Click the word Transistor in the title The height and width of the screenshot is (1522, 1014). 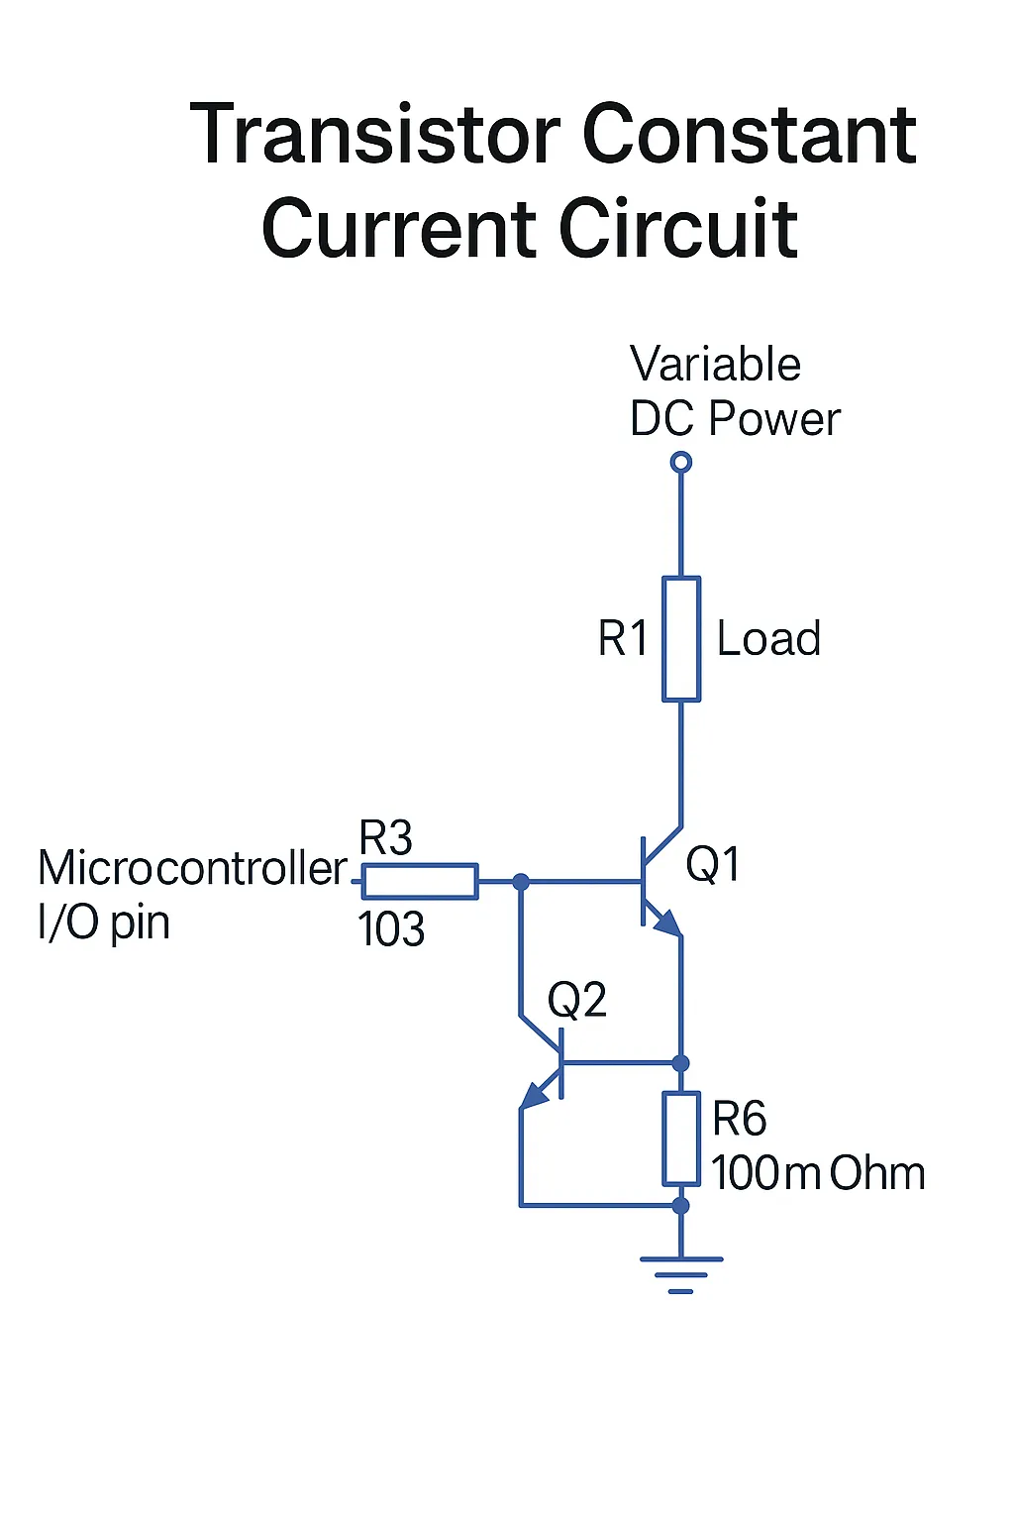(x=375, y=135)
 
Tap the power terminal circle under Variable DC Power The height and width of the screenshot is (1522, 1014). (x=680, y=462)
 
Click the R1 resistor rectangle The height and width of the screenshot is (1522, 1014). (x=681, y=639)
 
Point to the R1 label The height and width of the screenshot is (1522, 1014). (x=622, y=639)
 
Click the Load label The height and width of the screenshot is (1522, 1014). (x=768, y=639)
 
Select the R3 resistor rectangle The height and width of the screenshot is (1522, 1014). (x=420, y=881)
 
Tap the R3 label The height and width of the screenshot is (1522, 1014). (x=385, y=839)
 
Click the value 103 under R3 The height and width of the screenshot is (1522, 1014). (x=391, y=929)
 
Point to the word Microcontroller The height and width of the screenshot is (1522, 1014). (x=192, y=869)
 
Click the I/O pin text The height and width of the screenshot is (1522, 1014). (x=104, y=923)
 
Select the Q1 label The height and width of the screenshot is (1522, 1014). (x=712, y=864)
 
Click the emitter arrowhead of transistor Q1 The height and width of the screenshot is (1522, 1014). (x=668, y=924)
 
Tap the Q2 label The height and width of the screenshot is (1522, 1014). (x=576, y=1000)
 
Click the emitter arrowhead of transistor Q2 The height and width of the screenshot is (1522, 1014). (x=534, y=1095)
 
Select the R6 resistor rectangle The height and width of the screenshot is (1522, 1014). (x=681, y=1139)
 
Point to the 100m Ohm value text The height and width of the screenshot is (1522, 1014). (x=818, y=1173)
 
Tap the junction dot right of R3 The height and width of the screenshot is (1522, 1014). (x=521, y=881)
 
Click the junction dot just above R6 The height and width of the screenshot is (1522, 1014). (x=680, y=1063)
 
